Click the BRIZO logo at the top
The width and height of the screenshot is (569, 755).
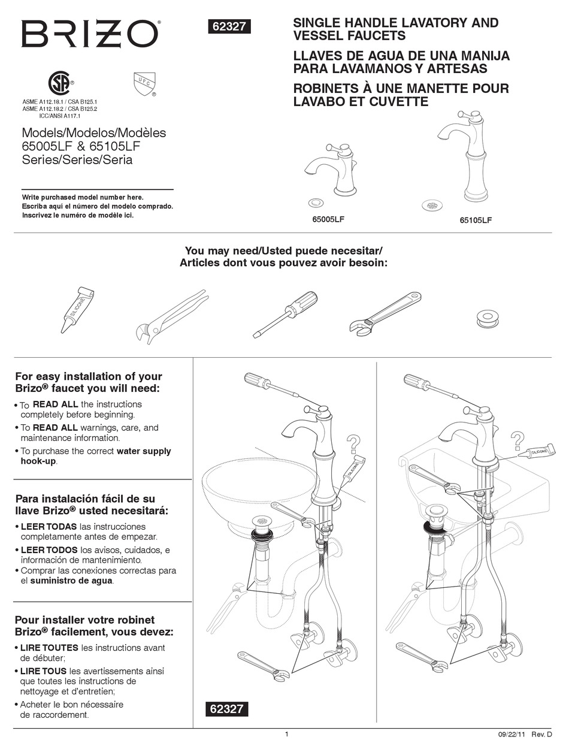click(90, 34)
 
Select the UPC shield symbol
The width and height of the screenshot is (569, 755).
click(144, 84)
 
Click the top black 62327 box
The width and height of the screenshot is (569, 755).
click(228, 27)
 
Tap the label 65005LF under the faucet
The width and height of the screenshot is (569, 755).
click(328, 219)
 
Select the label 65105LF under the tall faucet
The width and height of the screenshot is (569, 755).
click(476, 221)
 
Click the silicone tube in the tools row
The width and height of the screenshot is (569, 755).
click(76, 309)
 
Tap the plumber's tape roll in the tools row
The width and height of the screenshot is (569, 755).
click(488, 318)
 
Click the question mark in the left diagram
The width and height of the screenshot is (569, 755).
click(353, 444)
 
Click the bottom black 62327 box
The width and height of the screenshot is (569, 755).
click(228, 708)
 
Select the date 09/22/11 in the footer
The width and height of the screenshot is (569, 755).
click(510, 735)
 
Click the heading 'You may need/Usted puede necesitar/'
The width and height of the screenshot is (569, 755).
click(283, 250)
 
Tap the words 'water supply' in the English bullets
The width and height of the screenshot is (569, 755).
click(144, 451)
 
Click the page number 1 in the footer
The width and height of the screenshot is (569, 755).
click(286, 734)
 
